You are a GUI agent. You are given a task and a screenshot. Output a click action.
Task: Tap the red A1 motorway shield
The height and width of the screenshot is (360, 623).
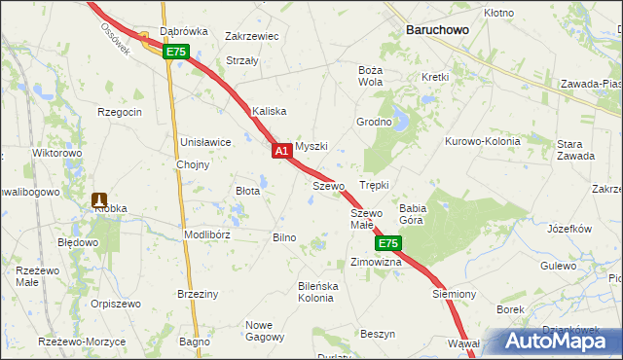[x=280, y=151]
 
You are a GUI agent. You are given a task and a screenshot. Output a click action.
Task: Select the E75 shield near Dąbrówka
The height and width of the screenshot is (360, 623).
[x=175, y=53]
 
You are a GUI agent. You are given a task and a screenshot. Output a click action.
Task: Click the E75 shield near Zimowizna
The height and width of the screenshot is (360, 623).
[x=387, y=243]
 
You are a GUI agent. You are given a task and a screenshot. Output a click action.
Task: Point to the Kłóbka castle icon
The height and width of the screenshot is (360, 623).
[x=99, y=199]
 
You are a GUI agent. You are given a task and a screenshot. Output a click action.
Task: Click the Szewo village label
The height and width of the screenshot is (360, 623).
[x=329, y=185]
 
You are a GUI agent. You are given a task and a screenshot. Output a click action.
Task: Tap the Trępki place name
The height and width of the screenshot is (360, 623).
[x=375, y=185]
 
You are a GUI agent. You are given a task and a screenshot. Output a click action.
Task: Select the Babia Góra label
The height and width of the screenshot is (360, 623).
[x=413, y=214]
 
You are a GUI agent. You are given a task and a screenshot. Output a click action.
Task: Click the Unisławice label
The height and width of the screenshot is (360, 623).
[x=205, y=142]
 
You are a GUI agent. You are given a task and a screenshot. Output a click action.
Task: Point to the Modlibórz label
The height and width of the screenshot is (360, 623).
[x=206, y=235]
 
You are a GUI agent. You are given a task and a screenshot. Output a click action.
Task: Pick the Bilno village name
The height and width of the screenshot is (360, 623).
[x=284, y=236]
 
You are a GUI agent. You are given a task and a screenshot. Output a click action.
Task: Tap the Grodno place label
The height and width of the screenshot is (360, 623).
[x=374, y=123]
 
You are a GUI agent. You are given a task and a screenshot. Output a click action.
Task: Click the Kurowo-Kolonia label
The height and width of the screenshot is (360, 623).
[x=483, y=141]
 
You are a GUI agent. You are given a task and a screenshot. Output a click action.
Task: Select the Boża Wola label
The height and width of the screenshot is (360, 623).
[x=370, y=76]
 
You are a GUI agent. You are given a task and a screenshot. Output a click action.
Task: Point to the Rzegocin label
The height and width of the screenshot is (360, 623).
[x=120, y=112]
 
